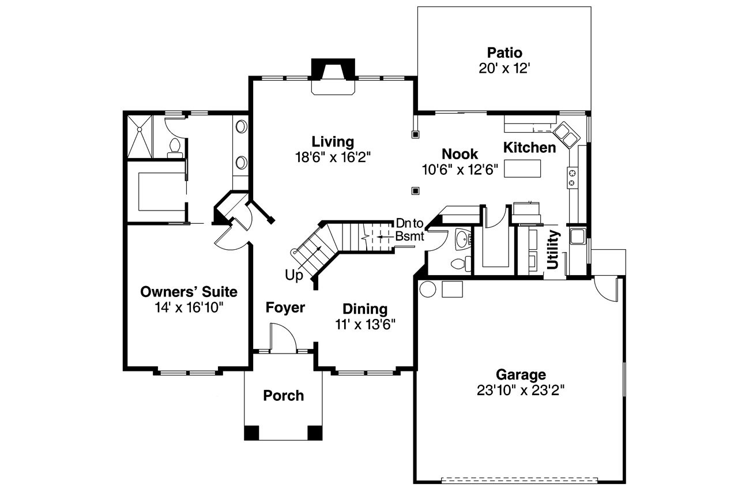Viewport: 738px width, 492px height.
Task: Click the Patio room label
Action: tap(504, 53)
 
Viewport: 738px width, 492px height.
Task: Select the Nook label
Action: tap(460, 154)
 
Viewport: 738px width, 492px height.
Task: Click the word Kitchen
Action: tap(529, 148)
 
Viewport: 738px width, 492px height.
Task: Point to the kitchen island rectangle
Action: tap(522, 168)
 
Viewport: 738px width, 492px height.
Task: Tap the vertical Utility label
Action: tap(553, 249)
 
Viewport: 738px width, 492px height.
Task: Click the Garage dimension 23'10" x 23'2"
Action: tap(521, 390)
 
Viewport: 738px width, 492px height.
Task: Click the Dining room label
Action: tap(365, 309)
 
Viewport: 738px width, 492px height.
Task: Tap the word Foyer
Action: tap(285, 308)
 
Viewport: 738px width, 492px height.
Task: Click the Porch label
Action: tap(283, 396)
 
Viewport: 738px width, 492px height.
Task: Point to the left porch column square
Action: tap(251, 433)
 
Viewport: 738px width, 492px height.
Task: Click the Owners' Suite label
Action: tap(189, 292)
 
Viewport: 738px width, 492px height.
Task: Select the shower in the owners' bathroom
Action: tap(140, 136)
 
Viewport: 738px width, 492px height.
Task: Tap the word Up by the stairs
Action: tap(293, 276)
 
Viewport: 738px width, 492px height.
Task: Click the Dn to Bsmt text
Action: tap(409, 230)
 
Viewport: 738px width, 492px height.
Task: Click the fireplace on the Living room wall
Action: tap(333, 77)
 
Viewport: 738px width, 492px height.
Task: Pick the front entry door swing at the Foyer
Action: tap(283, 337)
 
